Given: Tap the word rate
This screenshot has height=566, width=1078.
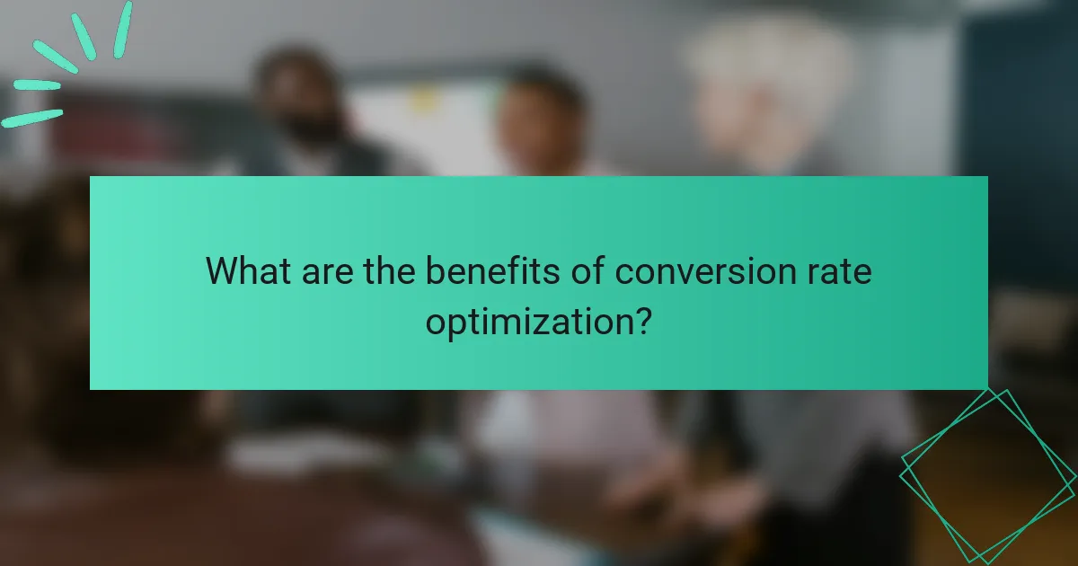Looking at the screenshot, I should pos(839,270).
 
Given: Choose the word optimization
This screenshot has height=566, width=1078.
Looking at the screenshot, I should pos(527,321).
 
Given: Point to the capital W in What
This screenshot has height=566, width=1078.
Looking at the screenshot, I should pos(222,270).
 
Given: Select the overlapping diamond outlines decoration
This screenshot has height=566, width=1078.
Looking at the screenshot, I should pos(988,476).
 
